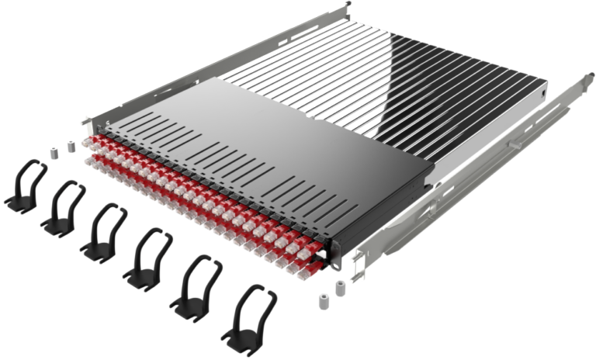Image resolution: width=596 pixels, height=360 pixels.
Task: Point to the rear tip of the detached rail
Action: pyautogui.click(x=577, y=77)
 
